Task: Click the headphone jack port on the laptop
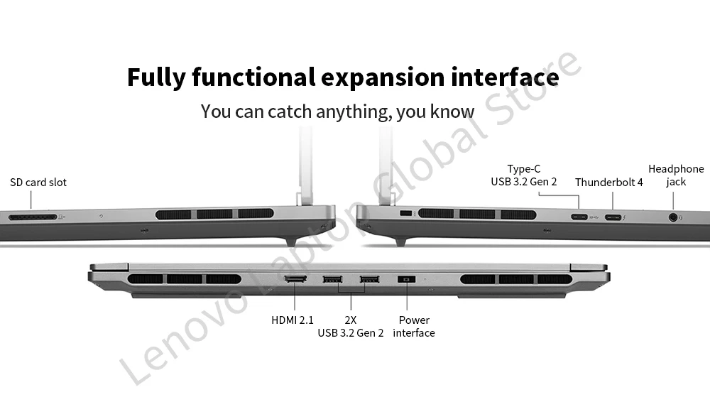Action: pos(672,217)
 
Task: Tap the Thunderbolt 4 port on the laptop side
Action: pos(613,217)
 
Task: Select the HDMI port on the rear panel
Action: pos(295,279)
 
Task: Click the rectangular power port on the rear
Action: pos(406,279)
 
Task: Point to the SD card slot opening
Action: pos(32,216)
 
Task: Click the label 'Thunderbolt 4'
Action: pos(608,183)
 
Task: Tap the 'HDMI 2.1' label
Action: pos(293,320)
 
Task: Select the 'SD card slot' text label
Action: pos(38,183)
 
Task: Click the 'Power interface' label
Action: pos(414,327)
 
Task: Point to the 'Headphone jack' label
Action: pos(676,175)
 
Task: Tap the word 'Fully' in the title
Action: pos(157,77)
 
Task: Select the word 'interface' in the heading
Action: pos(505,77)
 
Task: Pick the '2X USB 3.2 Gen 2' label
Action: pos(350,327)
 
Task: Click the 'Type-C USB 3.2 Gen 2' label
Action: pos(524,175)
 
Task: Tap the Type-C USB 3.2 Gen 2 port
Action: pos(579,217)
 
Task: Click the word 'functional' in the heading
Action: pos(253,77)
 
